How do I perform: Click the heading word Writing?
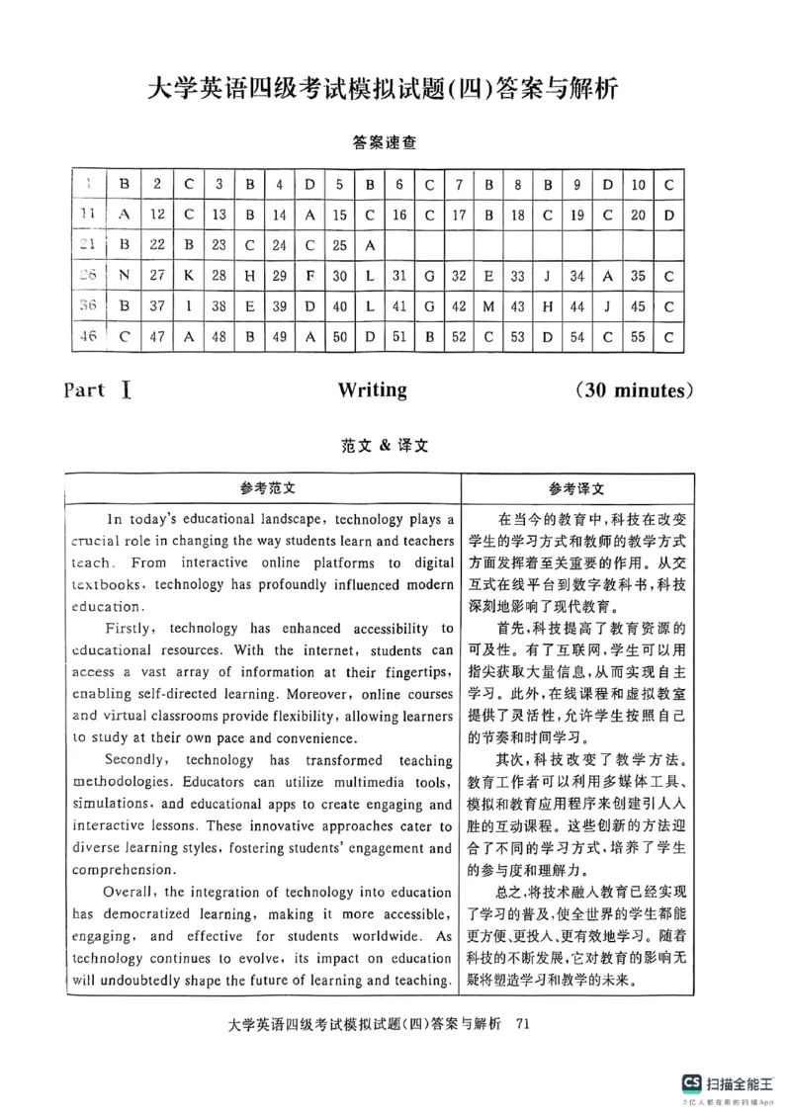(x=372, y=389)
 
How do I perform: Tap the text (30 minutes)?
(x=633, y=389)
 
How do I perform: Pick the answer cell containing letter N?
(x=125, y=276)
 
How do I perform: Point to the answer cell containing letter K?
(x=188, y=276)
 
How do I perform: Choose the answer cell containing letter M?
(x=488, y=306)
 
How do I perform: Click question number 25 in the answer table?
(x=339, y=245)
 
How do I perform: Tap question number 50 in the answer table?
(x=339, y=337)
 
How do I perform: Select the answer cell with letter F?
(x=308, y=276)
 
